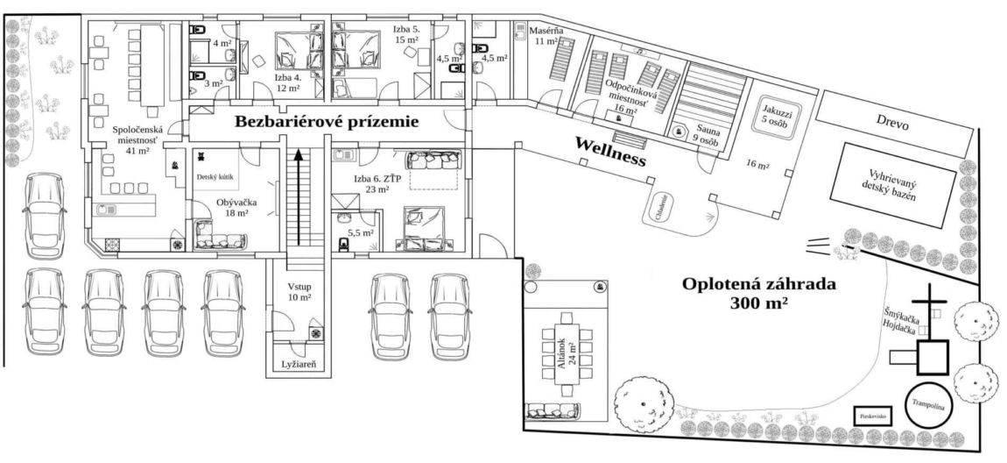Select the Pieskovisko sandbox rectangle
[x=873, y=415]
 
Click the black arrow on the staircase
[x=299, y=198]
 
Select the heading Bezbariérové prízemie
[x=326, y=123]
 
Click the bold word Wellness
[x=609, y=151]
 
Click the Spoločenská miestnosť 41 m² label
[x=134, y=140]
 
